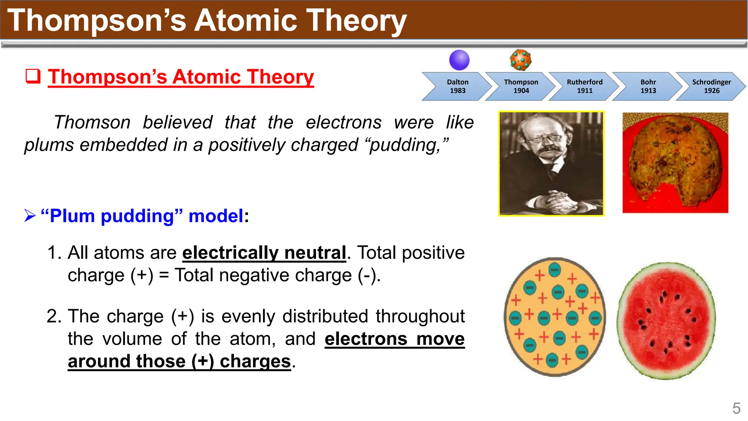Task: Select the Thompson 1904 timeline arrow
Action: click(x=521, y=87)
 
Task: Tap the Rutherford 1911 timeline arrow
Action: click(x=584, y=87)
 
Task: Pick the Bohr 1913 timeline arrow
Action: click(x=648, y=87)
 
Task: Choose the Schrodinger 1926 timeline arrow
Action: click(x=711, y=87)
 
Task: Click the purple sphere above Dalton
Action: click(x=459, y=60)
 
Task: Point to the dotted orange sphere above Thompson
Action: click(x=520, y=60)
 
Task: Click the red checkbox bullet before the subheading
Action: click(x=33, y=76)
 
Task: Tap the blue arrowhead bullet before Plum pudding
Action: click(x=30, y=216)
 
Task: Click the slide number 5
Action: click(x=736, y=409)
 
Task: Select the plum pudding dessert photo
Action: click(x=675, y=163)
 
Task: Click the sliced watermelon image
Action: click(x=666, y=321)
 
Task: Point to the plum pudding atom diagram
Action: click(x=554, y=317)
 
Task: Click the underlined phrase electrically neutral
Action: click(x=264, y=253)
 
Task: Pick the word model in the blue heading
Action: click(x=215, y=216)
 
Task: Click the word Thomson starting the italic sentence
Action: click(x=92, y=122)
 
